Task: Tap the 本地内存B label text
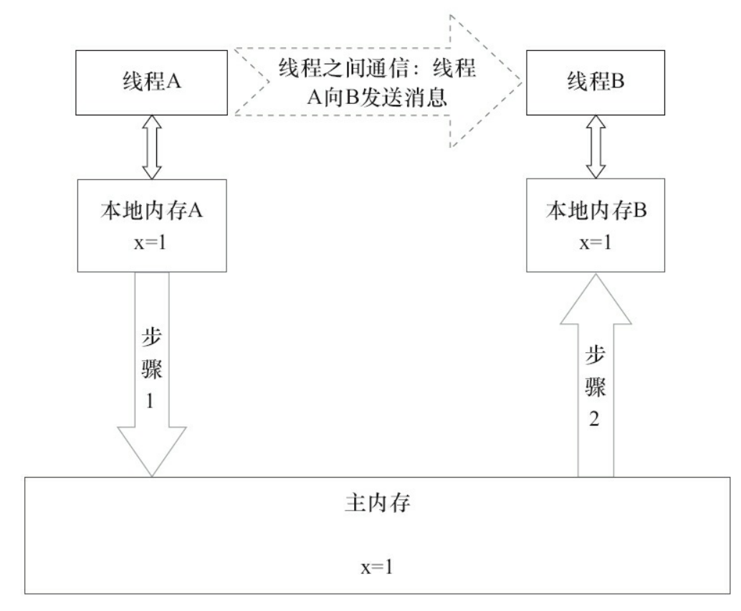click(593, 214)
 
